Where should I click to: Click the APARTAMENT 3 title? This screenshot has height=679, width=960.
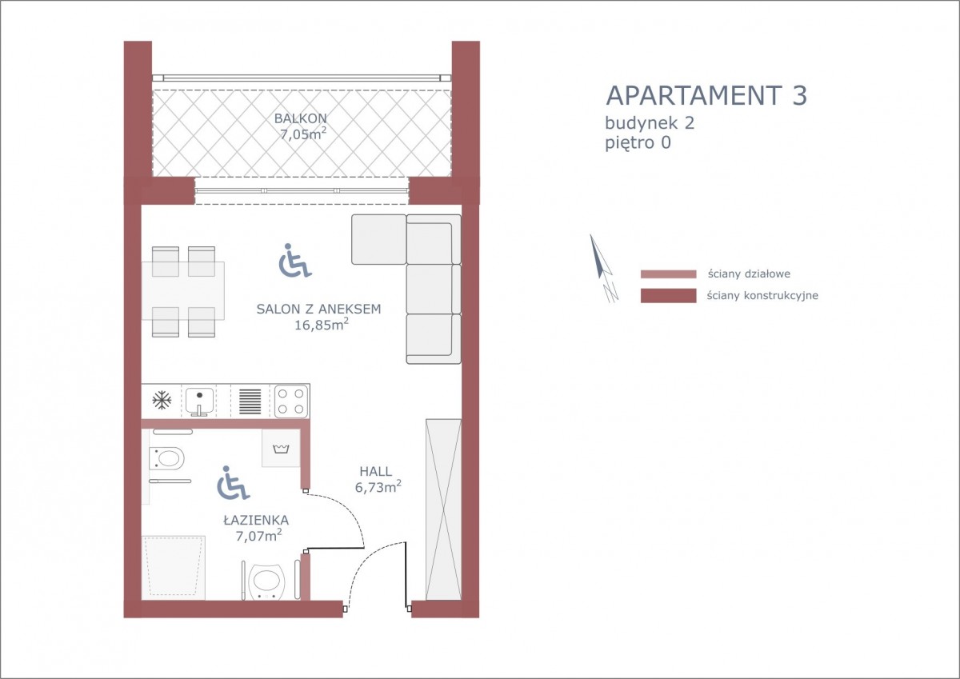pos(706,95)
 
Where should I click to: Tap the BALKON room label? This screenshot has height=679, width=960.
pos(301,118)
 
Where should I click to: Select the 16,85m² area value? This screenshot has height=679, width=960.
pos(321,324)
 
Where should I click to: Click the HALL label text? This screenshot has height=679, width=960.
pos(375,471)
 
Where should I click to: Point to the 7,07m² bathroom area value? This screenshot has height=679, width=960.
pos(258,535)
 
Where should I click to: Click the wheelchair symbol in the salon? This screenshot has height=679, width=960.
pos(295,261)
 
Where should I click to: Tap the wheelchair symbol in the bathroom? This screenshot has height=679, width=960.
pos(233,483)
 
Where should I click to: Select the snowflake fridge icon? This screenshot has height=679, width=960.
pos(162,401)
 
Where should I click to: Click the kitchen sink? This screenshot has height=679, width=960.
pos(199,401)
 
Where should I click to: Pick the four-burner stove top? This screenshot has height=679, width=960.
pos(291,401)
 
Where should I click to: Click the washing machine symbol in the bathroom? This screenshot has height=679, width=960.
pos(281,448)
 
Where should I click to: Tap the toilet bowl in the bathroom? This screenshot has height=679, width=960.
pos(166,459)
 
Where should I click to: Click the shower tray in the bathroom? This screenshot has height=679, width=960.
pos(174,568)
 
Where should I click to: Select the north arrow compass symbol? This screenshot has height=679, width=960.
pos(603,268)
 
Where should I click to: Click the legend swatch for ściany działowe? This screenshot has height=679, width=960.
pos(668,274)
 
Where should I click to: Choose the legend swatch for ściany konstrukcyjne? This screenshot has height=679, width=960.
pos(668,296)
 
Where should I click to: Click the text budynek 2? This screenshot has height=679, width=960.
pos(650,123)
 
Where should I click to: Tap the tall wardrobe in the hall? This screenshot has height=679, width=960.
pos(443,509)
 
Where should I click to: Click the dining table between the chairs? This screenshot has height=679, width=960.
pos(183,291)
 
